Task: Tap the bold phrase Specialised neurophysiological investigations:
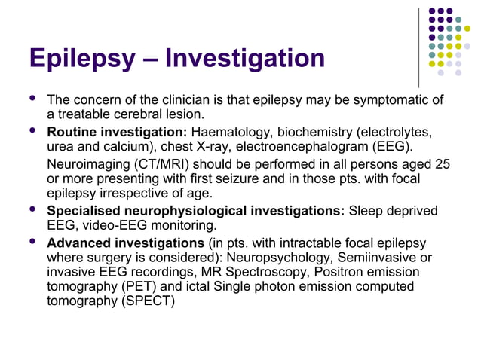pyautogui.click(x=195, y=212)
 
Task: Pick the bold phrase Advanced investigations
pyautogui.click(x=124, y=243)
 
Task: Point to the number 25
pyautogui.click(x=443, y=164)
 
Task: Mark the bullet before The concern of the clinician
pyautogui.click(x=32, y=99)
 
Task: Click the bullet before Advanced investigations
pyautogui.click(x=32, y=243)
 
